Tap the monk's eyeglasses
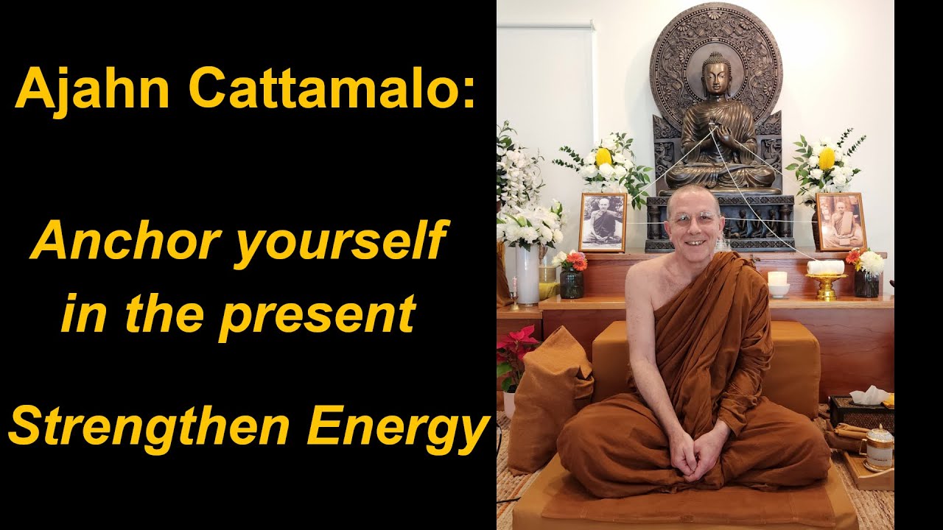tap(693, 218)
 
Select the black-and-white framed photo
tap(602, 222)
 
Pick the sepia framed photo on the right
tap(840, 221)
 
